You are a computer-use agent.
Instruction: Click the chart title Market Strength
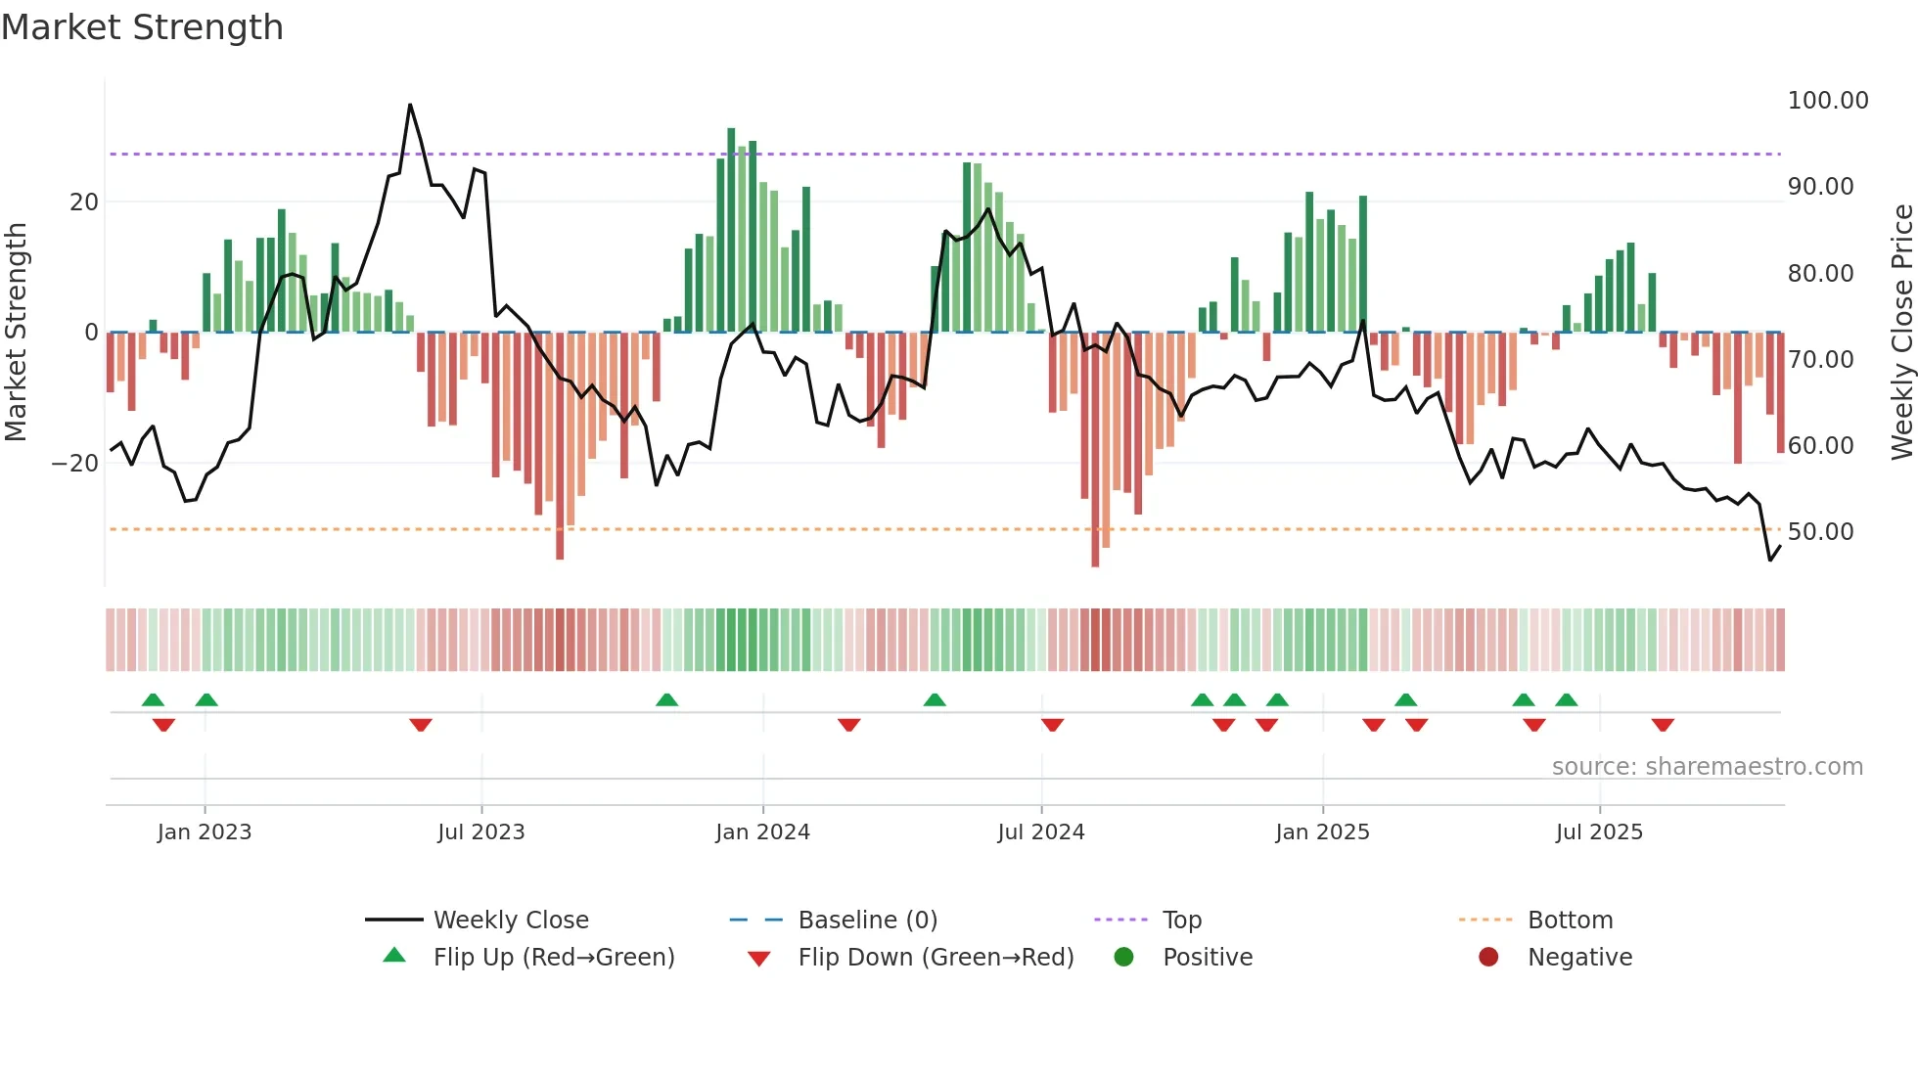click(142, 27)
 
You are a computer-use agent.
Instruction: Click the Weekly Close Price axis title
click(1901, 332)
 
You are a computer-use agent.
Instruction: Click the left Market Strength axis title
click(16, 332)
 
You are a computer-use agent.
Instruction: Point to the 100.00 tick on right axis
click(1827, 101)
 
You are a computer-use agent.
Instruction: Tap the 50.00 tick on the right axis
click(1820, 532)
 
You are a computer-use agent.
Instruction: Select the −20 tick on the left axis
click(75, 464)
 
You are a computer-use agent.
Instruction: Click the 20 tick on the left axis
click(84, 202)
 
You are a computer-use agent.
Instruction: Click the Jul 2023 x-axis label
click(480, 832)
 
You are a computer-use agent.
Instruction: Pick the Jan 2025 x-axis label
click(1322, 832)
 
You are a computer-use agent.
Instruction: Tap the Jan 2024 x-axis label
click(762, 832)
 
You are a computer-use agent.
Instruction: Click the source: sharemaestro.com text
click(1707, 767)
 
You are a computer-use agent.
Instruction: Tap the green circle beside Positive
click(1123, 958)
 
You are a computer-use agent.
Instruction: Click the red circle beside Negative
click(1488, 958)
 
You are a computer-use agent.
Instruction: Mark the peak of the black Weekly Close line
click(410, 105)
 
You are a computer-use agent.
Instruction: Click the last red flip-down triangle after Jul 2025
click(1663, 725)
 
